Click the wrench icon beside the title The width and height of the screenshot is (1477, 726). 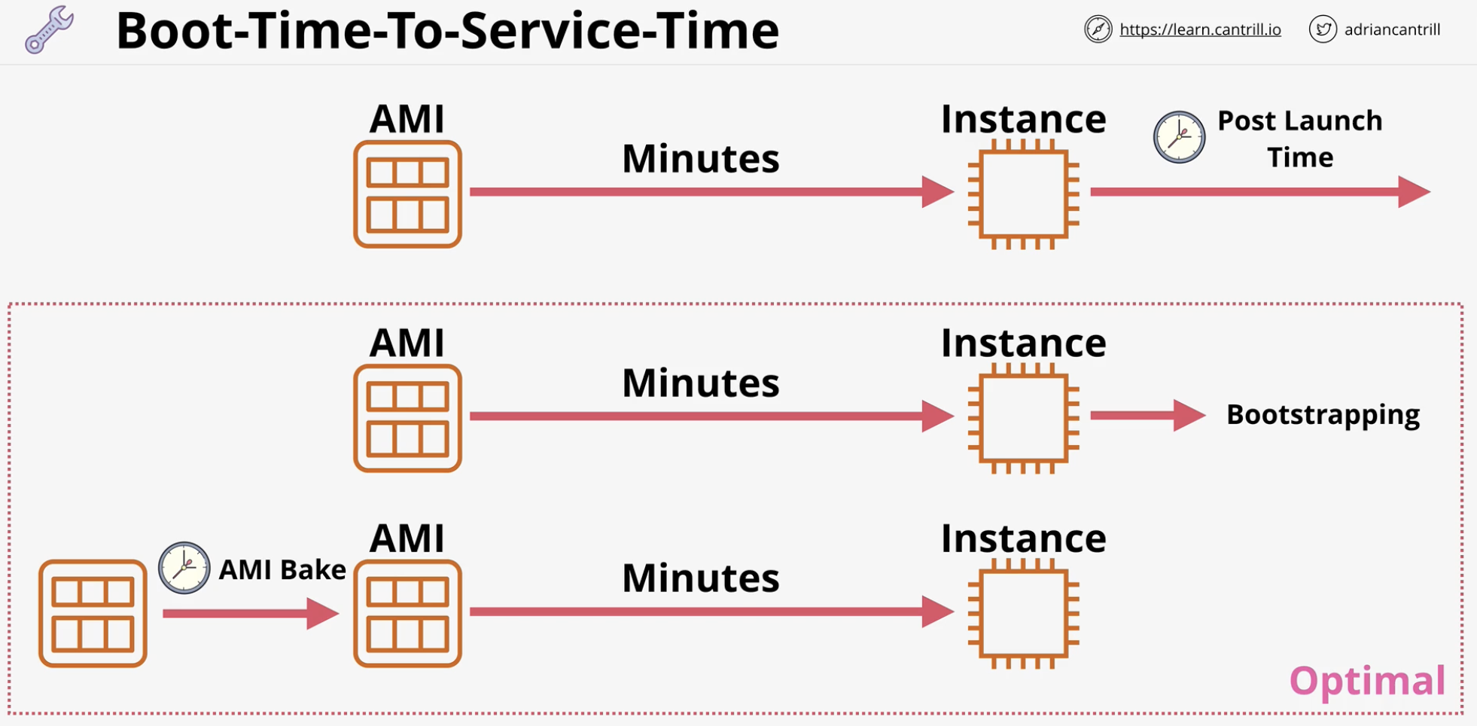point(49,30)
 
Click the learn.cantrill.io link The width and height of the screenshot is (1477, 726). point(1200,29)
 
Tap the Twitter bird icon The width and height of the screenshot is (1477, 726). point(1323,29)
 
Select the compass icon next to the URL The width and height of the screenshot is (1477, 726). point(1098,29)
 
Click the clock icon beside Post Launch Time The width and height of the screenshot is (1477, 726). point(1180,137)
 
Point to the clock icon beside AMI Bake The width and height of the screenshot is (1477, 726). point(184,568)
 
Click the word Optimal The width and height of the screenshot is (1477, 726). point(1367,681)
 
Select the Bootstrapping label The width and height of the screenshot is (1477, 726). point(1323,415)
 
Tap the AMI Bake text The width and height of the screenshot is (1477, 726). point(282,569)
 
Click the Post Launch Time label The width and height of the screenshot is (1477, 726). point(1300,139)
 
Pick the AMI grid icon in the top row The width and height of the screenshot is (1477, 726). point(407,194)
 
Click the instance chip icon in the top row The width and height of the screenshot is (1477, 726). point(1024,194)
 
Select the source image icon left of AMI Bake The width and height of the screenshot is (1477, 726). point(93,613)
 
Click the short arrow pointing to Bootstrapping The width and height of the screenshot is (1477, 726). point(1148,415)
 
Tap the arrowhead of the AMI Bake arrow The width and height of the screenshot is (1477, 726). point(323,614)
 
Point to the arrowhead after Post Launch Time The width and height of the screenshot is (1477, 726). point(1414,192)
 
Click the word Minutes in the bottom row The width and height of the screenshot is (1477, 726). point(700,578)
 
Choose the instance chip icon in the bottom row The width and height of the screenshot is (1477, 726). point(1024,613)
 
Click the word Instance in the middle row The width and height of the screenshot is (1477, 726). point(1024,343)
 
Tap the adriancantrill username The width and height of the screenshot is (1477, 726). point(1392,29)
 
